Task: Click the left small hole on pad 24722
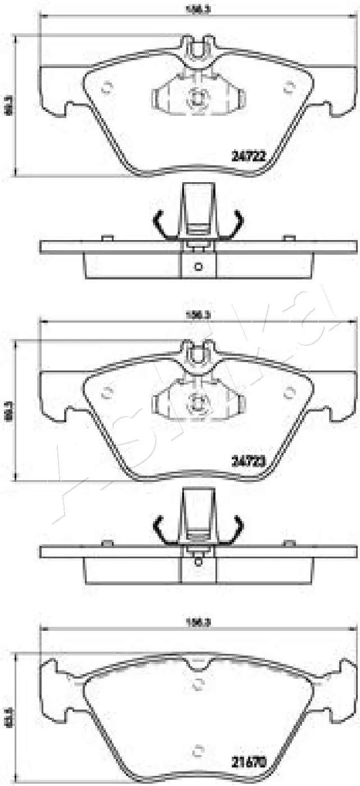pos(107,87)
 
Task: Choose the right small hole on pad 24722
pos(290,87)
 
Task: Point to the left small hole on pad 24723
pos(107,392)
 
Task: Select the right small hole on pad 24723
pos(290,392)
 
